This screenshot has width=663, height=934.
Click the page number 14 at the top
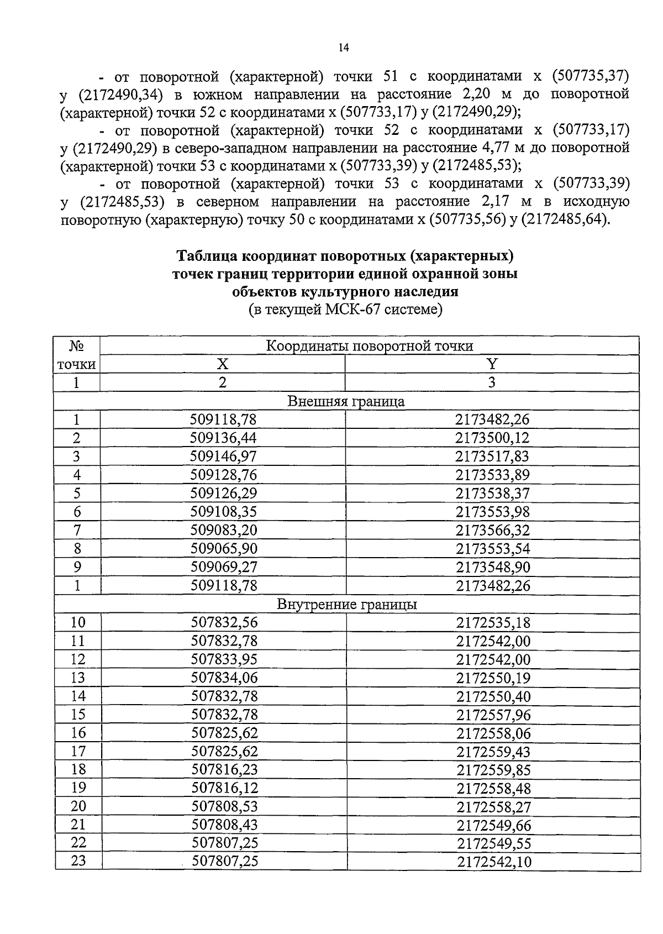click(x=343, y=48)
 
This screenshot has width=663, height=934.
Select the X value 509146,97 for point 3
click(x=223, y=456)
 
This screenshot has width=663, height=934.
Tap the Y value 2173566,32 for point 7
click(x=492, y=531)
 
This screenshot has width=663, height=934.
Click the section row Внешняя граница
click(x=346, y=401)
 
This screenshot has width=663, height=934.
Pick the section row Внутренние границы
click(x=346, y=605)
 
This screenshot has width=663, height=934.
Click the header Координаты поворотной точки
click(x=369, y=346)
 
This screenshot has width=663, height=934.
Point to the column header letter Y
click(x=492, y=364)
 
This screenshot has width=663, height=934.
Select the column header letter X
click(x=222, y=364)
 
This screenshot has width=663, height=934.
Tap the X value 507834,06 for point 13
click(x=224, y=678)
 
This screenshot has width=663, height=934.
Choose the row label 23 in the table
click(x=78, y=860)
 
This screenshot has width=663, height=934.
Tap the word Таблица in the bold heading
click(x=208, y=256)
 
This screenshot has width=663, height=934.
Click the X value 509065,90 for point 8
click(x=224, y=549)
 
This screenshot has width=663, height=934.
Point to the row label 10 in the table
click(x=78, y=623)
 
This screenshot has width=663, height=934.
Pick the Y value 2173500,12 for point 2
click(x=492, y=438)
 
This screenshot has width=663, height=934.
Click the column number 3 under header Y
click(x=492, y=382)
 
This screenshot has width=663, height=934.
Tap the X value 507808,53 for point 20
click(x=224, y=806)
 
